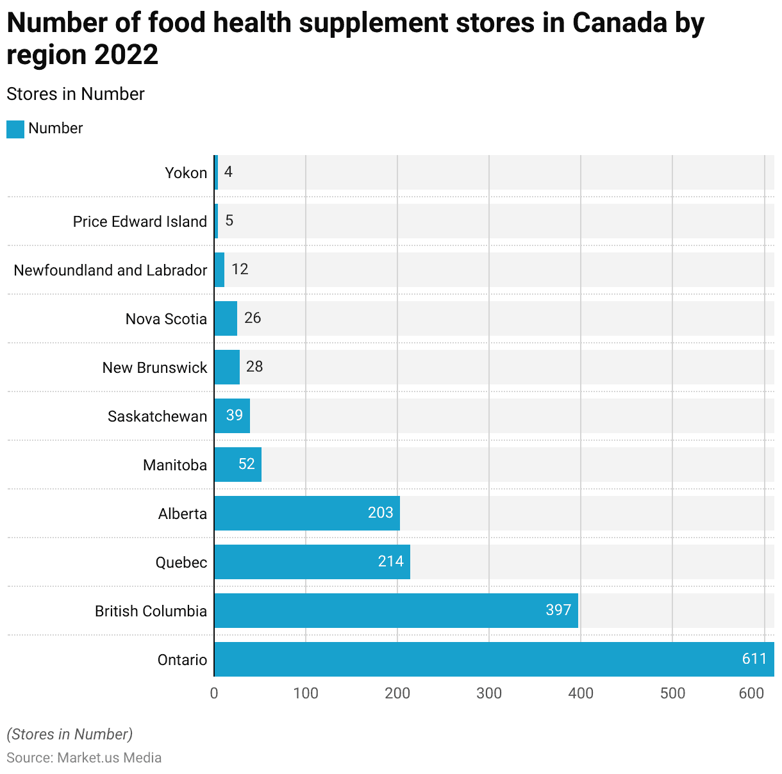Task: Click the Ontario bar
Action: point(494,659)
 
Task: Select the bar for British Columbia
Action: point(395,611)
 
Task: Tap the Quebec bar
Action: point(312,562)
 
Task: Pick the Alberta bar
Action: point(306,513)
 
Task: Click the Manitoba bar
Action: point(238,465)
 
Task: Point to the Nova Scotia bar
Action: point(226,318)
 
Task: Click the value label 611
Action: point(754,659)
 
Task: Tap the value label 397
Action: point(558,610)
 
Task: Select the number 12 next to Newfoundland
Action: point(240,269)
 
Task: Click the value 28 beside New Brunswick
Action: point(254,366)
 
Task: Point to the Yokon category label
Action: point(186,173)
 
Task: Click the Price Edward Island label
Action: point(140,222)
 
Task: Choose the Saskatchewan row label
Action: point(157,416)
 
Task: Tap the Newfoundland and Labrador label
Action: point(110,270)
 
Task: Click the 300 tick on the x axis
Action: point(489,693)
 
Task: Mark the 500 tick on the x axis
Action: point(672,693)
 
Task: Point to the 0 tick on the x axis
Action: point(214,693)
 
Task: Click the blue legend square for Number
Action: point(15,129)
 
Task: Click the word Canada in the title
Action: point(620,23)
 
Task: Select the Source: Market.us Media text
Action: point(84,758)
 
